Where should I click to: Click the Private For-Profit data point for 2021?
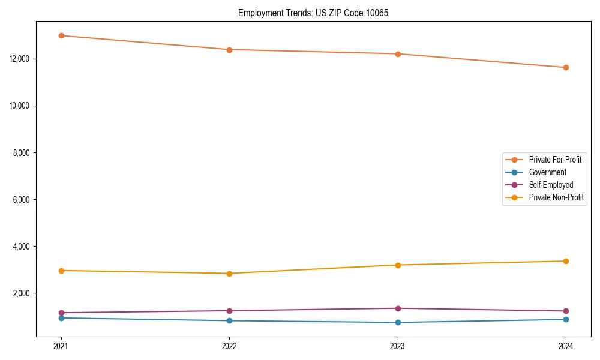click(61, 35)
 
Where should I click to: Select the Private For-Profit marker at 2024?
click(566, 67)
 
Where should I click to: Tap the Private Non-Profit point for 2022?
click(229, 274)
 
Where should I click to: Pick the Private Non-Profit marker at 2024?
click(566, 261)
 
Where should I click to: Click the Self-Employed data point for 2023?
click(398, 308)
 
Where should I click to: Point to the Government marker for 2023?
click(398, 322)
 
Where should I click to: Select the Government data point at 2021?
click(61, 318)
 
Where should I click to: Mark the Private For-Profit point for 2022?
click(229, 50)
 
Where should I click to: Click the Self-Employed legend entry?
click(551, 185)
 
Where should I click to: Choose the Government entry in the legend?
click(547, 172)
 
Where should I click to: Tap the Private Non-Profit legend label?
click(556, 197)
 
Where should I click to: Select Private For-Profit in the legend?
click(555, 160)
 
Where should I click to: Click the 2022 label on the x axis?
click(229, 346)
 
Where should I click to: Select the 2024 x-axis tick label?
click(566, 346)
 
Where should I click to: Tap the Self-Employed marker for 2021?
click(61, 313)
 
